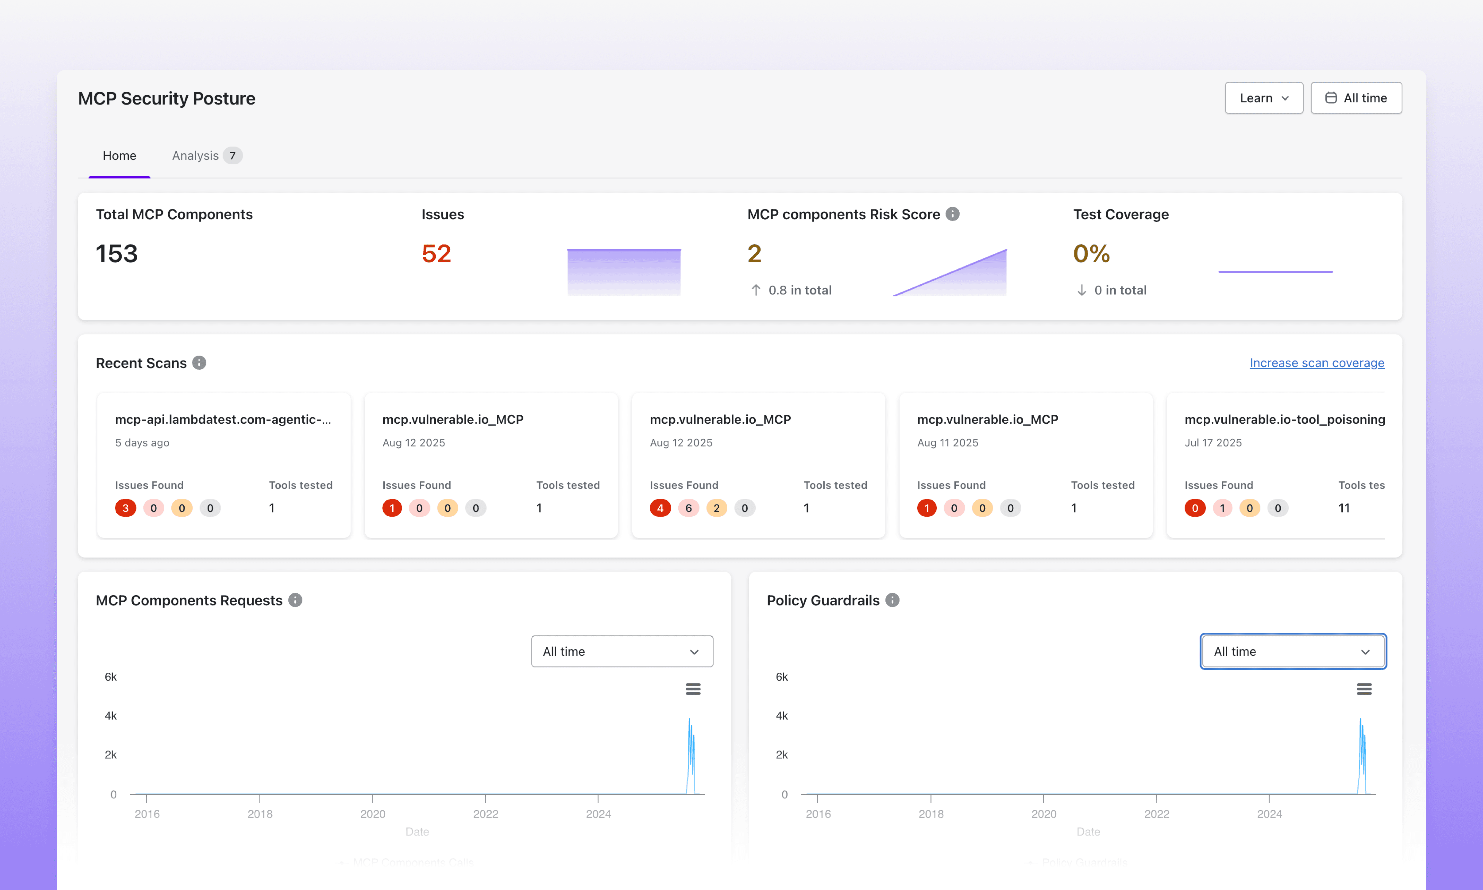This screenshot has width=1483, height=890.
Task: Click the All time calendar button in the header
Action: point(1356,98)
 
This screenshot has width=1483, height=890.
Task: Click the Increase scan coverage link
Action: point(1316,363)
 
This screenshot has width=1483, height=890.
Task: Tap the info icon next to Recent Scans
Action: point(199,363)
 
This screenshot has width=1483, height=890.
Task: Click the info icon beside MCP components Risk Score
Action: point(953,214)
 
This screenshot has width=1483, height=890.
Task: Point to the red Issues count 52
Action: point(436,254)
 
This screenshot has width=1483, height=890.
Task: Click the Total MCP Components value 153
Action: point(117,254)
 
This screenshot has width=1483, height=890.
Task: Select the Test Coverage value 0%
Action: point(1091,254)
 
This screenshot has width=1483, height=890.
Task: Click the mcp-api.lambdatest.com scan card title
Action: point(222,419)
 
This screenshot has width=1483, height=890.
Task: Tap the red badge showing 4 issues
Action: point(660,508)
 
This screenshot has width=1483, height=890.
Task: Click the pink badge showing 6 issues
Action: point(688,508)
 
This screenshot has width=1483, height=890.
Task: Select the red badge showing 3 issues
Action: point(125,508)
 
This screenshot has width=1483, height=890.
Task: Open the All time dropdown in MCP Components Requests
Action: point(622,651)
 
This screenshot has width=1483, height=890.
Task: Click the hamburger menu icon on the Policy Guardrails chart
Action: point(1364,689)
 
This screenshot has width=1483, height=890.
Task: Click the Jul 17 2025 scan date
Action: point(1213,443)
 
